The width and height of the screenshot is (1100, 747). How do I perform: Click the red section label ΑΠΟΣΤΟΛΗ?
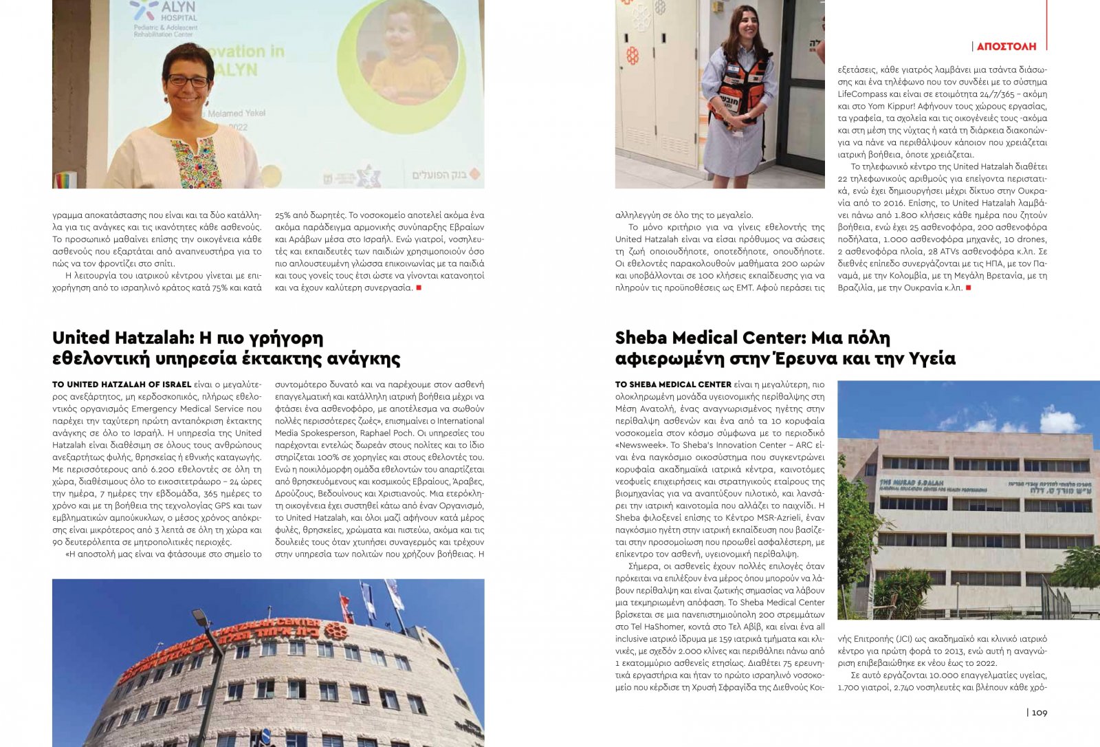(x=1006, y=46)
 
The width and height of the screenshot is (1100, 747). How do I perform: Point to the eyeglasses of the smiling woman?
(x=187, y=80)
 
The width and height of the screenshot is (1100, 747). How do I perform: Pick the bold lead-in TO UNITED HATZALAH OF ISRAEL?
(x=122, y=385)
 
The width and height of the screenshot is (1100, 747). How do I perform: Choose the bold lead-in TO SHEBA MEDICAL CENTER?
(x=673, y=385)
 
